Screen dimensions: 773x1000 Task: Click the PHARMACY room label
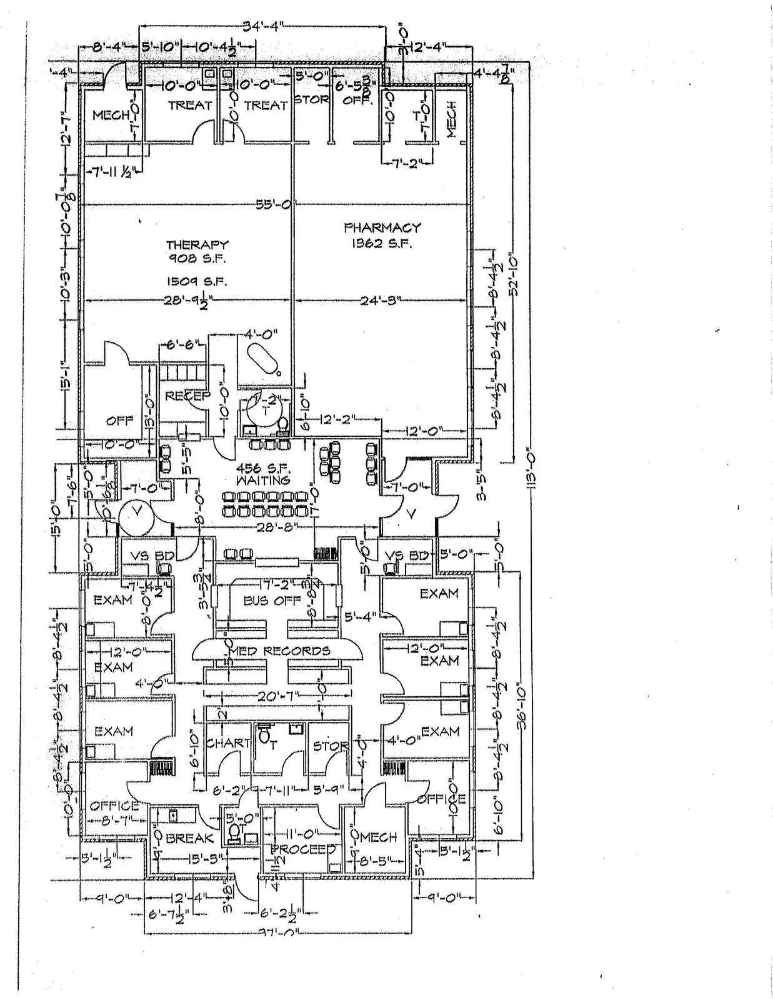(382, 227)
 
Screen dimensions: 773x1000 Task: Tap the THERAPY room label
(197, 245)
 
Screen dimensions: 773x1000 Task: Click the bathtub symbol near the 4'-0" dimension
(262, 360)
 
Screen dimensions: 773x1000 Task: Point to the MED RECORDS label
(279, 651)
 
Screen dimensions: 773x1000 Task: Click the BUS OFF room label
(272, 601)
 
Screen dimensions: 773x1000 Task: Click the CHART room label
(228, 743)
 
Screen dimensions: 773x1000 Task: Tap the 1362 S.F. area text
(382, 244)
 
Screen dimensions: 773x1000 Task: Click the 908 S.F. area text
(197, 259)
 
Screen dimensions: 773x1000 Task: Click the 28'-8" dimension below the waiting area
(277, 528)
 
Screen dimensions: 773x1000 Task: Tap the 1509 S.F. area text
(197, 282)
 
